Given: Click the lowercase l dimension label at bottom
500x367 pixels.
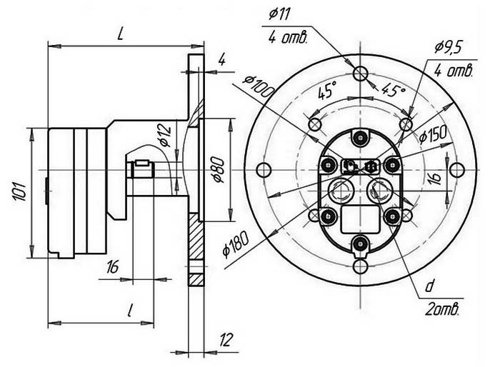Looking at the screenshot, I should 130,310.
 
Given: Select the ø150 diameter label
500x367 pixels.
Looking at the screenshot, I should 434,135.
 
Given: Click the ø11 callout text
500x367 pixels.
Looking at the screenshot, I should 279,15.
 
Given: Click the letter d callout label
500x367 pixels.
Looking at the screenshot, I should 429,287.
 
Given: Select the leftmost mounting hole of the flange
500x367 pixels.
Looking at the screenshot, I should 263,169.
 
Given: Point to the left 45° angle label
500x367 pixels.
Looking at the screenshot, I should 327,90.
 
